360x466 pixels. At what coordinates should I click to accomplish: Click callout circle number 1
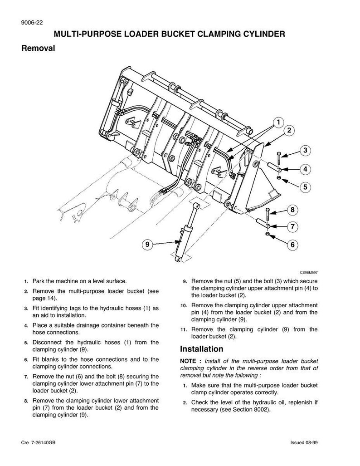(278, 122)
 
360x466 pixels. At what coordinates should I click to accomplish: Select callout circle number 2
(289, 130)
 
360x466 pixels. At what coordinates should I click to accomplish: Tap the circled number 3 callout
(305, 150)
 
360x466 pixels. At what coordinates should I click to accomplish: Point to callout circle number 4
(305, 169)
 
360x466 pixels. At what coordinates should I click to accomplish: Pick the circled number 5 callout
(305, 187)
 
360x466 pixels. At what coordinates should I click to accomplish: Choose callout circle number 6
(292, 245)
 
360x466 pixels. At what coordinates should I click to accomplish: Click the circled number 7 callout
(292, 227)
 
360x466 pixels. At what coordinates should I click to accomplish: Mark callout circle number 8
(292, 210)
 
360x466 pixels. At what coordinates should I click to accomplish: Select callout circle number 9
(147, 244)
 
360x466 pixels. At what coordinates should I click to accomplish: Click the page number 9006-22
(32, 23)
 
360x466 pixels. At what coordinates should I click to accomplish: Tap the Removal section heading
(38, 48)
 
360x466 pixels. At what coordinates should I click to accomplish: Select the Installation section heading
(201, 349)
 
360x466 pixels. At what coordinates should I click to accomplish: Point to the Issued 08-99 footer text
(304, 443)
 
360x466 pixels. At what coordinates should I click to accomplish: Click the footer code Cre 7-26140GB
(39, 443)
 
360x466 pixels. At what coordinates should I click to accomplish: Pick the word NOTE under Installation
(188, 361)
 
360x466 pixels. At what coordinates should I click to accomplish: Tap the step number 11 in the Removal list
(183, 330)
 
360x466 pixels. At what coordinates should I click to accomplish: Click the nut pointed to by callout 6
(267, 234)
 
